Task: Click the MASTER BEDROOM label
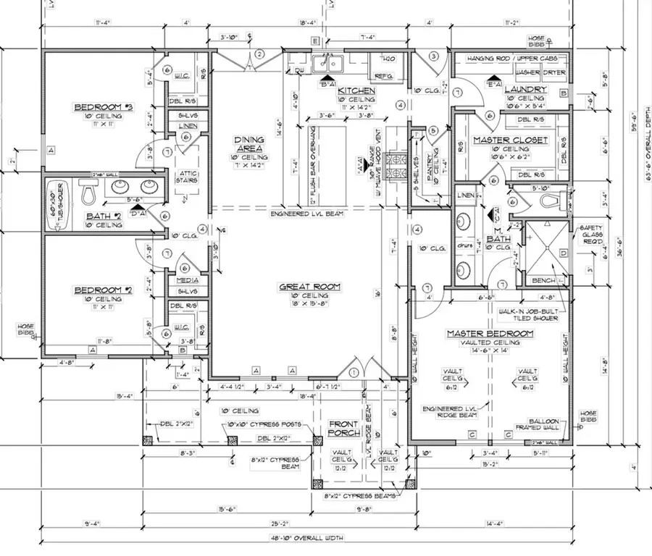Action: (x=489, y=334)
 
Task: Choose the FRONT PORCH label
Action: (x=344, y=429)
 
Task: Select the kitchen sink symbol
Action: (x=330, y=64)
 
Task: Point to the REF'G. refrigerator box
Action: (x=383, y=76)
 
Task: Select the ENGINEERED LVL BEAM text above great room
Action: (x=308, y=214)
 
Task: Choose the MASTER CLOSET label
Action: (x=510, y=140)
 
